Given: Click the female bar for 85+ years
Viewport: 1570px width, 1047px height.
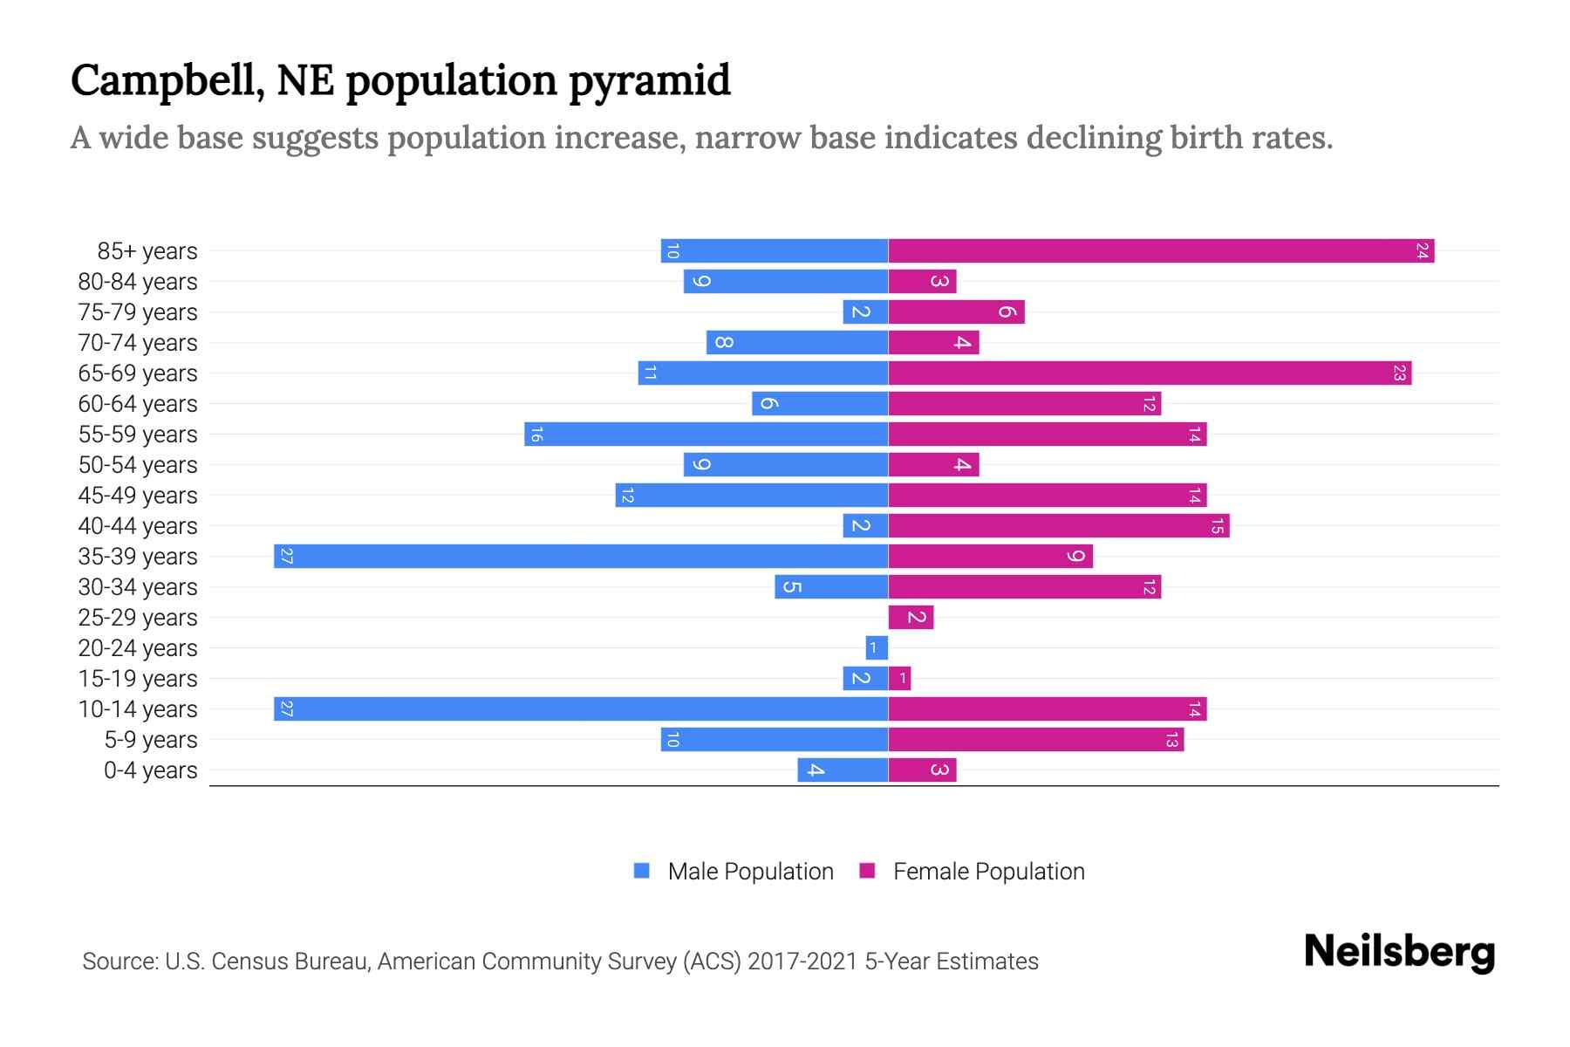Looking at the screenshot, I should [x=1160, y=251].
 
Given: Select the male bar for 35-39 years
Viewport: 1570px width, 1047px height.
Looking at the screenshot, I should [x=580, y=557].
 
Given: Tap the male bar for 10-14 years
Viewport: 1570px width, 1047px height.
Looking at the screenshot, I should [x=580, y=709].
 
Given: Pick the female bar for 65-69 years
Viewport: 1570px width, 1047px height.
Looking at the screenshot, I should [x=1150, y=373].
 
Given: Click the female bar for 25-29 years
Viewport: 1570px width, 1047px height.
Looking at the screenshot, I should [x=911, y=618].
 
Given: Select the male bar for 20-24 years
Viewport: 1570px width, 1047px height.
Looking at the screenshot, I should [x=877, y=648].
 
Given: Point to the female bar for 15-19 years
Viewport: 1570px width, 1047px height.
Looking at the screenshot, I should [x=899, y=679].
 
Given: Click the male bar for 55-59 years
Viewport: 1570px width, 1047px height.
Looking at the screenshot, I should [x=706, y=435].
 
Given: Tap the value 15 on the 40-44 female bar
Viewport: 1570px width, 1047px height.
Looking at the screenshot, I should [x=1218, y=526].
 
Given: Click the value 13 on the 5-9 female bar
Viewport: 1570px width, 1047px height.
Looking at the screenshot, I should [x=1172, y=740].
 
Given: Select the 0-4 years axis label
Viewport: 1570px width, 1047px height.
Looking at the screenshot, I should [x=150, y=770].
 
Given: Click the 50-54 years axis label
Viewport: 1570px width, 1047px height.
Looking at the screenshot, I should [x=138, y=465].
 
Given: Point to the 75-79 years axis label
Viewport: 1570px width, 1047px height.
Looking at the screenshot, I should [x=138, y=312].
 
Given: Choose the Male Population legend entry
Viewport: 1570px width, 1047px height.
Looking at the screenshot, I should [x=750, y=872].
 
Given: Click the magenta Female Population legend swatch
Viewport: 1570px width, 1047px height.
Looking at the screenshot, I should [x=867, y=871].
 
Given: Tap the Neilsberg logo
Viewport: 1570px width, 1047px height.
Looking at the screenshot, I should [x=1399, y=952].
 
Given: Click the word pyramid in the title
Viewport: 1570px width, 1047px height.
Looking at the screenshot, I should [x=650, y=81].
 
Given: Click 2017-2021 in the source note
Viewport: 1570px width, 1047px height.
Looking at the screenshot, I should [x=802, y=961].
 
